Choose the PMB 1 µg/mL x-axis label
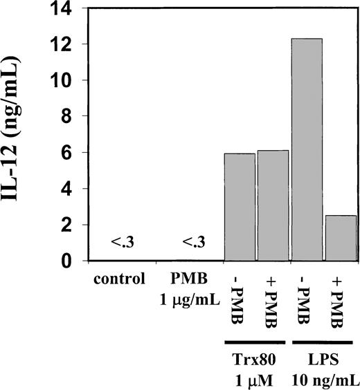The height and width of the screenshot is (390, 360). [183, 287]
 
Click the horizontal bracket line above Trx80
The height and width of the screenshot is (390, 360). [246, 341]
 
